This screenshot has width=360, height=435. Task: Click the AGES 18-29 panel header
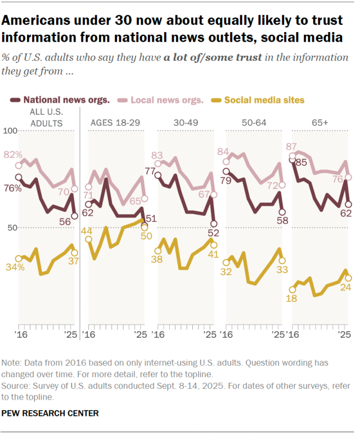coord(116,122)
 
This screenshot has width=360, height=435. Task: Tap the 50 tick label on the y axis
coord(11,228)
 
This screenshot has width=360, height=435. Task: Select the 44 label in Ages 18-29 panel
coord(87,231)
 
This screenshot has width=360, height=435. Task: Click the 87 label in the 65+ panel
coord(292,146)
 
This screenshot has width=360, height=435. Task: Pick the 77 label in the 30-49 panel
coord(150,170)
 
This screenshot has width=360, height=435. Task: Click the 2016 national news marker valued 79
coord(226,171)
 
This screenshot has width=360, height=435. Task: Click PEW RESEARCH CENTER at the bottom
coord(51,413)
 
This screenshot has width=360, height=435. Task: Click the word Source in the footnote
coord(16,387)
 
